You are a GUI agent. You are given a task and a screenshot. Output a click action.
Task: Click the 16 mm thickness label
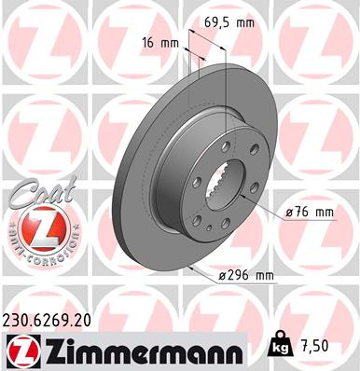point(159,44)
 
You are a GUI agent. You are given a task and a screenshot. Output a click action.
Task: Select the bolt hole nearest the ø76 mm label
point(254,199)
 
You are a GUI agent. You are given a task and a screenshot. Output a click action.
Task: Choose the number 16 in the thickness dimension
point(150,44)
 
